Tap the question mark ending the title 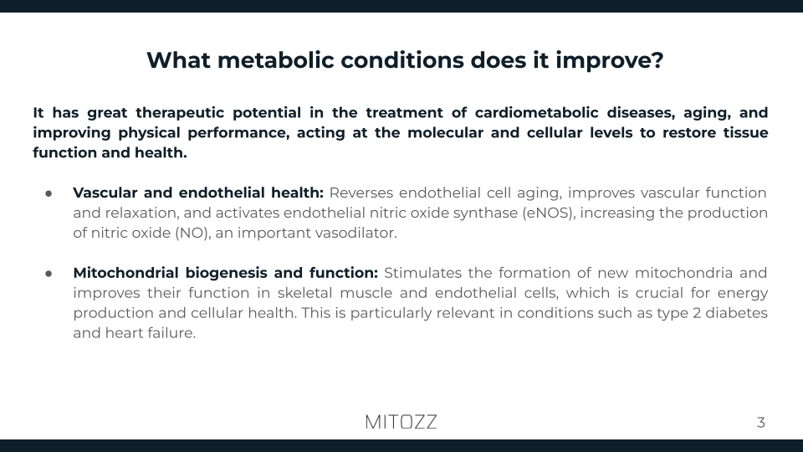coord(657,61)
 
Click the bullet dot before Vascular coord(49,193)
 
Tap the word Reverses coord(361,193)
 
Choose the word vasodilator coord(350,234)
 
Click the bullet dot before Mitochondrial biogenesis coord(49,274)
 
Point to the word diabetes coord(734,314)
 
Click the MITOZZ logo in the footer coord(401,422)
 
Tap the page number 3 coord(760,422)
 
